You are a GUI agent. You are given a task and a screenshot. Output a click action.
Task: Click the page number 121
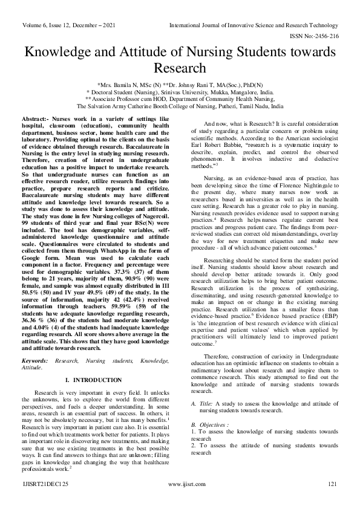click(332, 501)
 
